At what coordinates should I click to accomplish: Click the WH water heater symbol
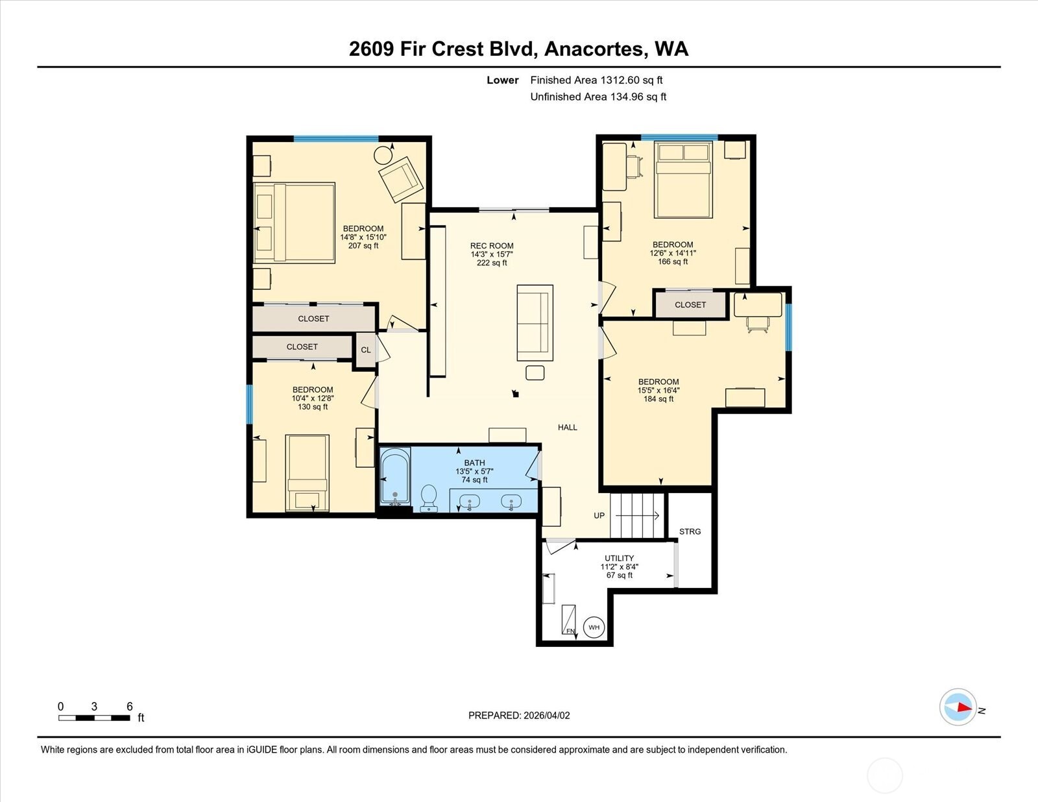(x=594, y=627)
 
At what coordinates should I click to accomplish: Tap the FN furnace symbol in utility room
(x=569, y=620)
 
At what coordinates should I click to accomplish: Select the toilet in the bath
(x=429, y=498)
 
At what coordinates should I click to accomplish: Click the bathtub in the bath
(x=394, y=477)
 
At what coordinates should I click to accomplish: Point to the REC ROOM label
(x=492, y=246)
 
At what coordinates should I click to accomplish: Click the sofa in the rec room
(x=535, y=322)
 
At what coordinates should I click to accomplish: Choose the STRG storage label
(x=690, y=531)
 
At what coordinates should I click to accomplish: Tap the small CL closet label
(x=366, y=350)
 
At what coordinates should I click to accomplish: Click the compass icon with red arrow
(x=958, y=707)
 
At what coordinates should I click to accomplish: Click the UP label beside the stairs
(x=599, y=516)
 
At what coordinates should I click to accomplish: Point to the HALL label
(x=567, y=428)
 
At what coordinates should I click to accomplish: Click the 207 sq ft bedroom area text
(x=363, y=246)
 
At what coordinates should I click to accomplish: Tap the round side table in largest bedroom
(x=383, y=155)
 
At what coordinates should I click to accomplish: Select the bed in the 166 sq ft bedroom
(x=683, y=180)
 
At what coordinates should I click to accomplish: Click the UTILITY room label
(x=619, y=558)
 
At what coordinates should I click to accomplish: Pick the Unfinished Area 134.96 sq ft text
(x=598, y=97)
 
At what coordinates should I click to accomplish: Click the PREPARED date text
(x=519, y=715)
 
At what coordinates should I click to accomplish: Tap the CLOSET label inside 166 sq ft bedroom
(x=690, y=305)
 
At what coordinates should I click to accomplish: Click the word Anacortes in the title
(x=594, y=49)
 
